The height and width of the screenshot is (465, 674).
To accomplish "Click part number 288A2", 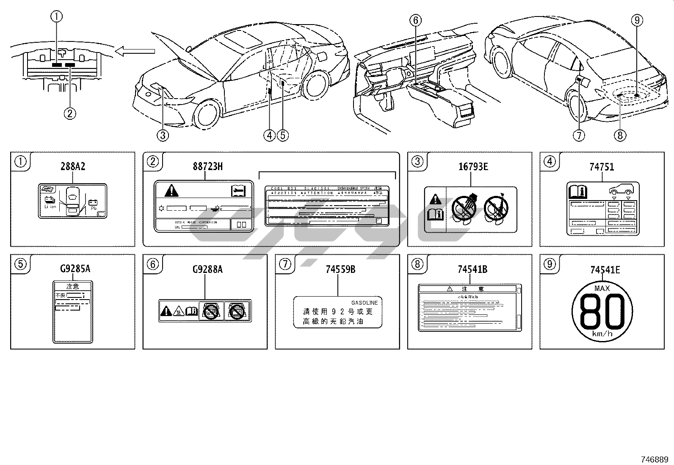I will point(72,166).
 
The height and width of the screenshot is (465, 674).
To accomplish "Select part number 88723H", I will point(207,166).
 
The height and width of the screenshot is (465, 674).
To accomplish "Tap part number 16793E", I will point(473,166).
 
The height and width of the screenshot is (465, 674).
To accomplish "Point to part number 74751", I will point(602,167).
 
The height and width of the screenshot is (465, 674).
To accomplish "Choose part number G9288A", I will point(207,269).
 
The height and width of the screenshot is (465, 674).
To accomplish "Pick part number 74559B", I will point(340,269).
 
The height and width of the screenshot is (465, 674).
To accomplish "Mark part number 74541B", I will point(472,269).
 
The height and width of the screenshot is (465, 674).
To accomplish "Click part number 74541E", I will point(605,269).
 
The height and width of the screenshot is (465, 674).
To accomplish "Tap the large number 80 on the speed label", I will point(602,311).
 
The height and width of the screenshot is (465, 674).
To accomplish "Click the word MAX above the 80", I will point(602,289).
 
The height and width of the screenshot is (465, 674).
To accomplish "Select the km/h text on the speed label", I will point(602,334).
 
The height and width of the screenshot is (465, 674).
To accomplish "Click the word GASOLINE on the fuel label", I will point(365,303).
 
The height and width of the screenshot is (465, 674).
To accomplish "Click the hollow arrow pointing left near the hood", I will point(135,52).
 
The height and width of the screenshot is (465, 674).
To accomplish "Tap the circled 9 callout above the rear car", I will point(637,19).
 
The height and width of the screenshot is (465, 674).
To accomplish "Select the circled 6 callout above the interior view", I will point(415,19).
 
